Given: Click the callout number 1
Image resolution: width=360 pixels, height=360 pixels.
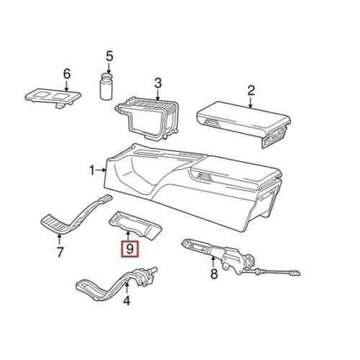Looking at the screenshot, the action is tap(92, 170).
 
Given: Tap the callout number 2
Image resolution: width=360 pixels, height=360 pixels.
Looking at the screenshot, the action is tap(251, 91).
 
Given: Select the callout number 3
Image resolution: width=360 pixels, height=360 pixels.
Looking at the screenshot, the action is tap(158, 84).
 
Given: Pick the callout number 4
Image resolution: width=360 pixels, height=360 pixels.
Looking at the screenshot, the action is tap(127, 300).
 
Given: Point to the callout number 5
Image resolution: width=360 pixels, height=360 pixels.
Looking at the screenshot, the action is tap(109, 57).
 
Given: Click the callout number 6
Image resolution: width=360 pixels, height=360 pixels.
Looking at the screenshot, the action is tap(67, 73).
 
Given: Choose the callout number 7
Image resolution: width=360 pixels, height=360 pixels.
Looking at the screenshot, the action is tap(60, 252).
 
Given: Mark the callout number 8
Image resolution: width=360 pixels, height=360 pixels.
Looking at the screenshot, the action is tap(214, 274).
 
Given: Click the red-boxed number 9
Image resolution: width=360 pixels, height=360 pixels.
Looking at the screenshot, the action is tap(130, 249).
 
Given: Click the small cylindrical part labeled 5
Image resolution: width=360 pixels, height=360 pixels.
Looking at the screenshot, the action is tap(106, 86).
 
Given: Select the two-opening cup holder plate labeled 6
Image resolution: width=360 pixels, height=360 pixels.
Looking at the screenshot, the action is tap(53, 98).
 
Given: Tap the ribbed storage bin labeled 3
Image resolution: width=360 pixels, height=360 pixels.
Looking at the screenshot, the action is tap(148, 119).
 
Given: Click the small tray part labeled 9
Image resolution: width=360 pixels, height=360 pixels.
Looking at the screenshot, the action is tap(135, 225).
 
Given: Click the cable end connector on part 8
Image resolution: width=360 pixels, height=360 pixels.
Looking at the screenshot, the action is tap(294, 273).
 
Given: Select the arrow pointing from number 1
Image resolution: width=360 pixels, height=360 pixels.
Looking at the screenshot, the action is tap(101, 170).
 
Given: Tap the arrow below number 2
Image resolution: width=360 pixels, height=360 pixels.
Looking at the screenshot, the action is tap(251, 102).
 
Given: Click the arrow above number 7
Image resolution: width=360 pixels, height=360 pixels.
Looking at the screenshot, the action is tap(59, 239).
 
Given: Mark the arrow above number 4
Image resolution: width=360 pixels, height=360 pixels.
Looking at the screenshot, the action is tap(127, 288).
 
